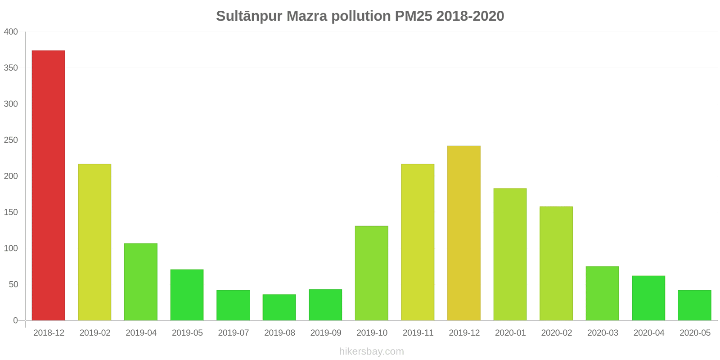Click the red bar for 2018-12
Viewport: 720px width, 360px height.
coord(49,185)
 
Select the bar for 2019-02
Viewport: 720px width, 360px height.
coord(94,242)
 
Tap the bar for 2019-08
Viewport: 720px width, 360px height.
coord(279,307)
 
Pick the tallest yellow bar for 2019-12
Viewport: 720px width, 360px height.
coord(464,233)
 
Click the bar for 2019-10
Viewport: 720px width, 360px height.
coord(372,273)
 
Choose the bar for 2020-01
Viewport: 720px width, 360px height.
coord(510,254)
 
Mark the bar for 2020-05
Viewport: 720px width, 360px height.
coord(695,306)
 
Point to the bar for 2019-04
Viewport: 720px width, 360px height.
coord(141,282)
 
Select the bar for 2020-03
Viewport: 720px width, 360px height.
coord(603,293)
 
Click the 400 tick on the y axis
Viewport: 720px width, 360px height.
coord(11,32)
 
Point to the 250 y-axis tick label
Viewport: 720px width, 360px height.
coord(11,140)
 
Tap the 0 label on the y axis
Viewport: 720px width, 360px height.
coord(15,320)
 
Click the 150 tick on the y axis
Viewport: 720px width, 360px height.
coord(11,212)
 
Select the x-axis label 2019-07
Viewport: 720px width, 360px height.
coord(234,333)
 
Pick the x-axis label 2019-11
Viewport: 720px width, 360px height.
coord(418,333)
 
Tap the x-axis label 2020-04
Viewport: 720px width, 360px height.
coord(648,333)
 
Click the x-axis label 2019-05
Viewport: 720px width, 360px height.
coord(187,333)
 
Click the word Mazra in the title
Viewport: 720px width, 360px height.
coord(306,16)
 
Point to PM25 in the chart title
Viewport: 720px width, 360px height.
coord(414,16)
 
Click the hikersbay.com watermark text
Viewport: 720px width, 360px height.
coord(372,351)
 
